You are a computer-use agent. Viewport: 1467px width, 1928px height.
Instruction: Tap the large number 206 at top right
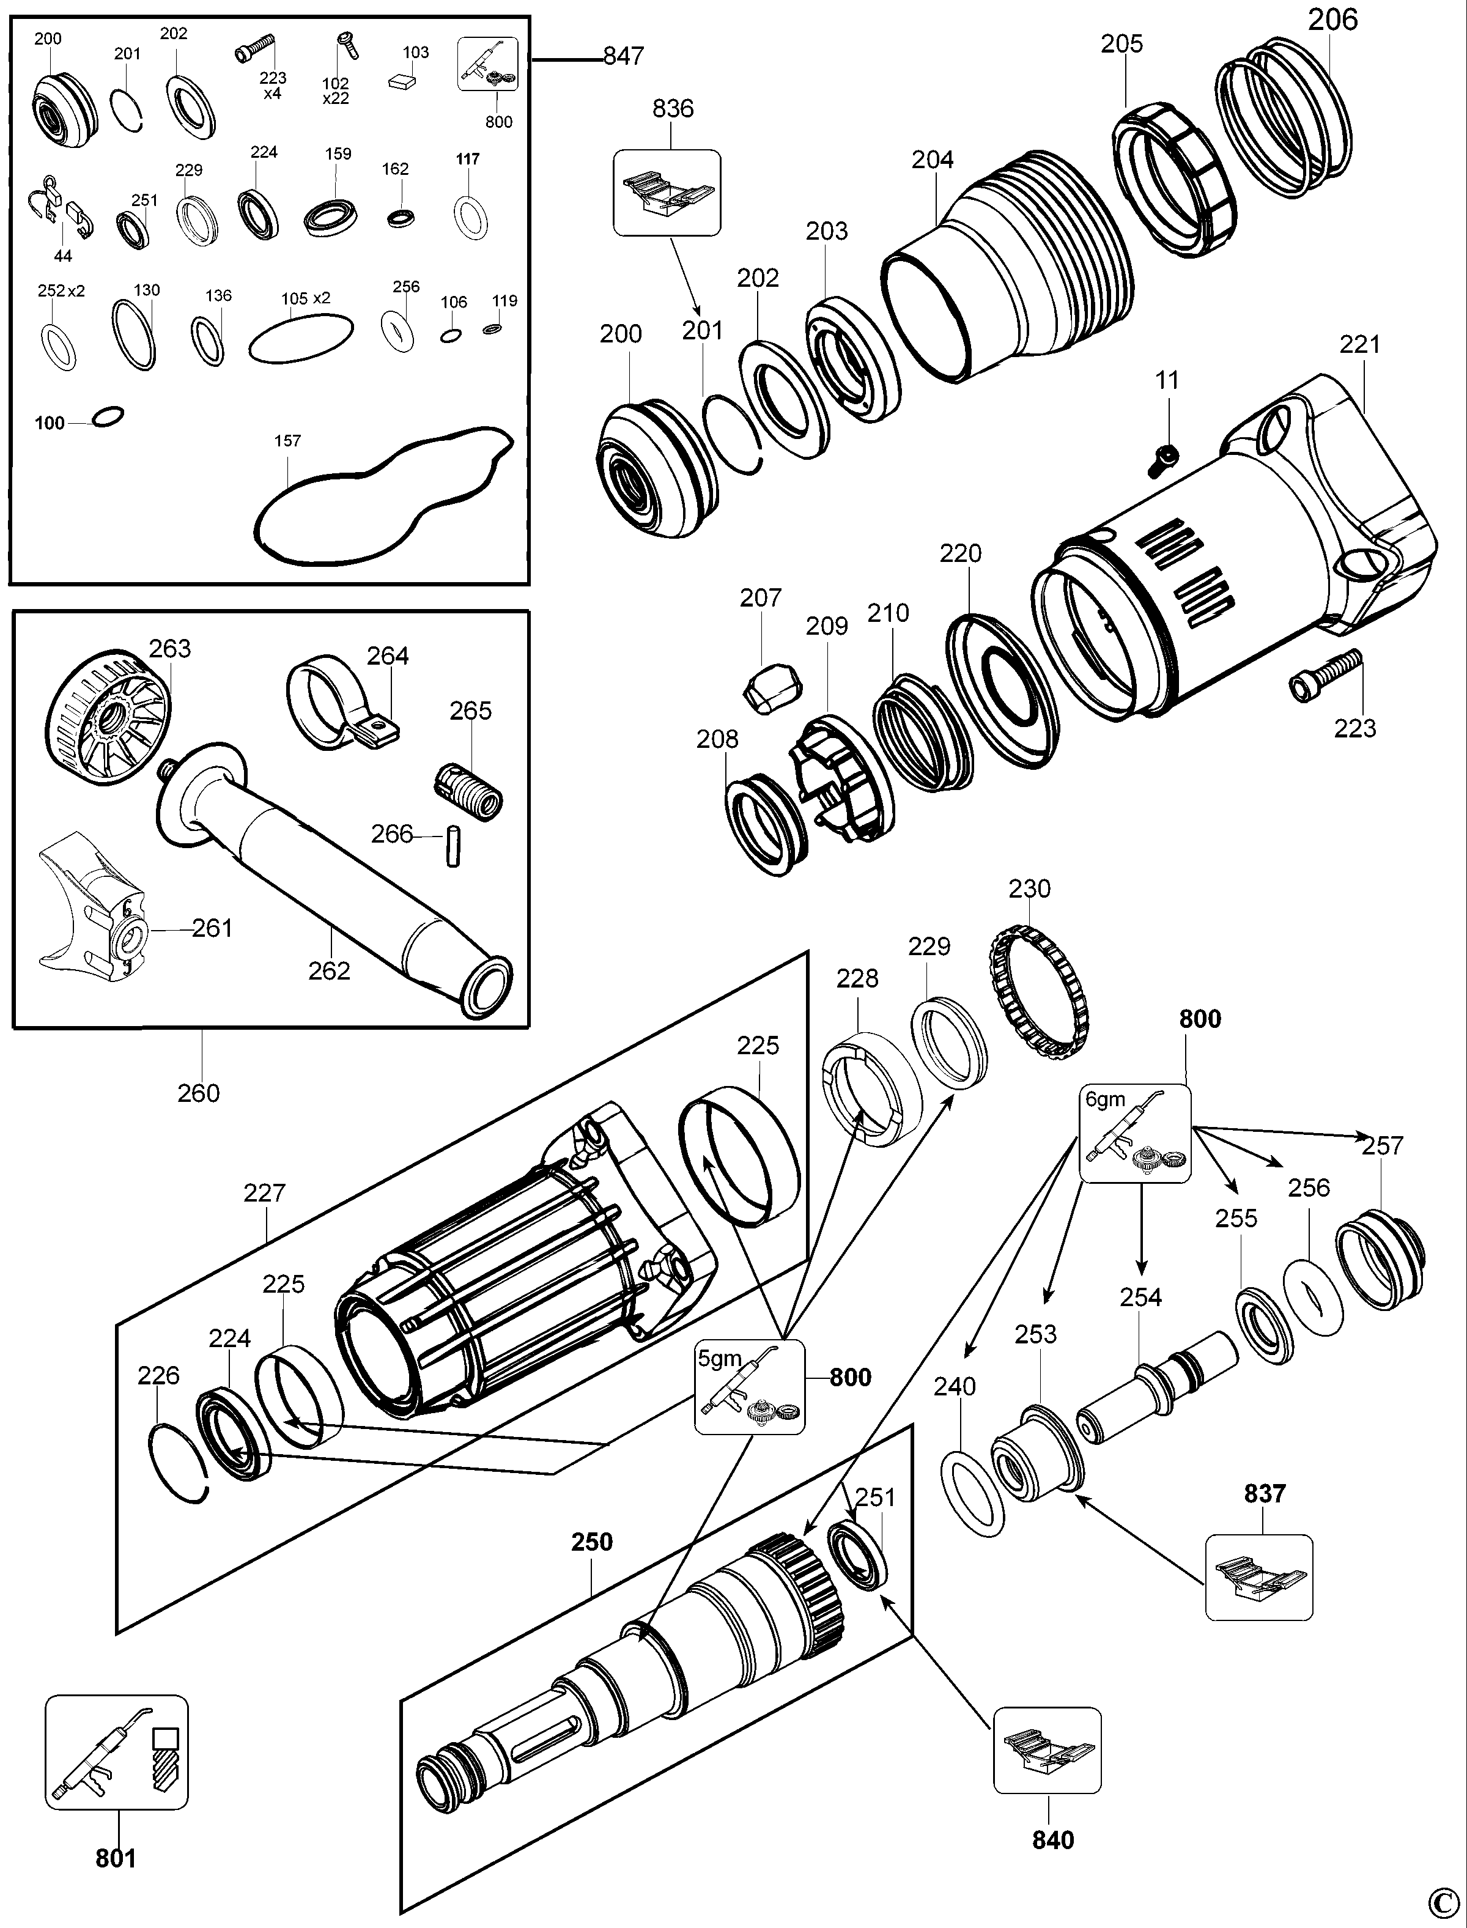click(x=1332, y=19)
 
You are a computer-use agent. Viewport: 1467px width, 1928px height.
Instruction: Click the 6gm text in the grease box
click(x=1106, y=1099)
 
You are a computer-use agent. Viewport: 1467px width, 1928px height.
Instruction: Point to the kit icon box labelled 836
click(x=667, y=193)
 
